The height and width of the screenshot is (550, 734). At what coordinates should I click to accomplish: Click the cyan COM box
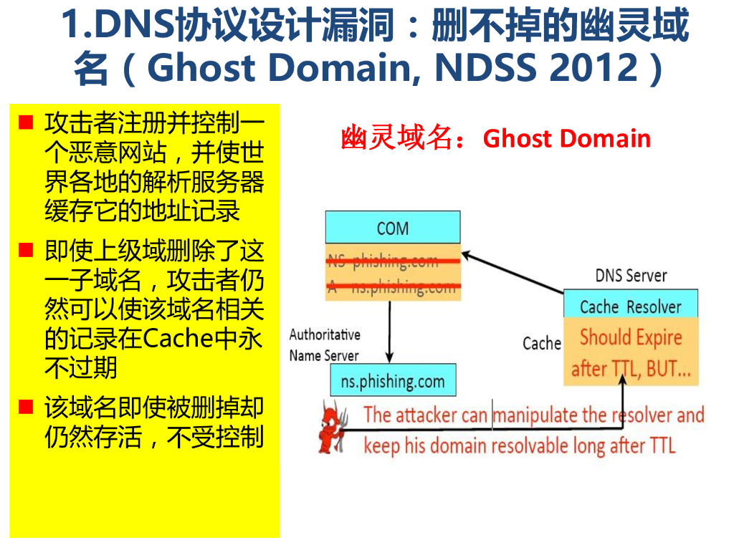[392, 228]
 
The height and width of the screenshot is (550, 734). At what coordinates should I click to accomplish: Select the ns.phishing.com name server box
[392, 381]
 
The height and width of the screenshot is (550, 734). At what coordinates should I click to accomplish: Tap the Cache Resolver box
[630, 307]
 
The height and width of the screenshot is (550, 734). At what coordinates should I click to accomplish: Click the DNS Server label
[631, 276]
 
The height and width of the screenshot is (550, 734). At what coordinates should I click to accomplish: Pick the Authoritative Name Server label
[325, 344]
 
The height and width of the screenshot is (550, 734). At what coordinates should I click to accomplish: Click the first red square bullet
[26, 122]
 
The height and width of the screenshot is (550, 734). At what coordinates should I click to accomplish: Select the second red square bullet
[26, 251]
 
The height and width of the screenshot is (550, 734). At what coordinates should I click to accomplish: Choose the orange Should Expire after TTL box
[630, 352]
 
